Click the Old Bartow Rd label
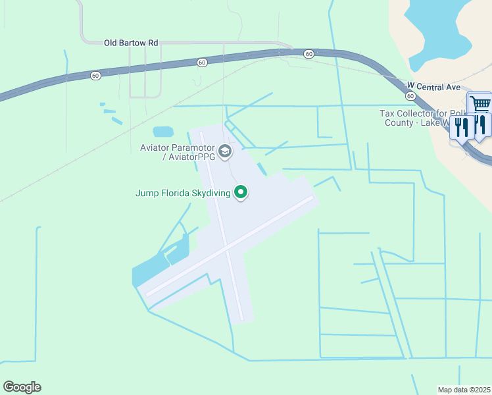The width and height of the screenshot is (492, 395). click(132, 43)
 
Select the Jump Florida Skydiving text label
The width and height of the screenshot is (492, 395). click(183, 193)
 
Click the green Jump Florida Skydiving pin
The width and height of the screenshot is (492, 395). click(241, 192)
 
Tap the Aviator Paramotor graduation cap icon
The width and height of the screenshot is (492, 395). click(225, 152)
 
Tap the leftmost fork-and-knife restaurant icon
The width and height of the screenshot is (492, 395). click(461, 127)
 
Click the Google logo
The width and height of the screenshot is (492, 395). click(22, 387)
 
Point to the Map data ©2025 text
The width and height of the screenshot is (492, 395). click(464, 389)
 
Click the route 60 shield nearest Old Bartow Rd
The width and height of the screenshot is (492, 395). click(202, 63)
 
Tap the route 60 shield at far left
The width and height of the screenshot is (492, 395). click(96, 76)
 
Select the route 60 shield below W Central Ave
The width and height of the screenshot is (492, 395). click(410, 96)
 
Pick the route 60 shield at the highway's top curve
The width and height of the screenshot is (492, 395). click(308, 53)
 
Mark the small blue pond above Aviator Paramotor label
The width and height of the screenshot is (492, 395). click(162, 132)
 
